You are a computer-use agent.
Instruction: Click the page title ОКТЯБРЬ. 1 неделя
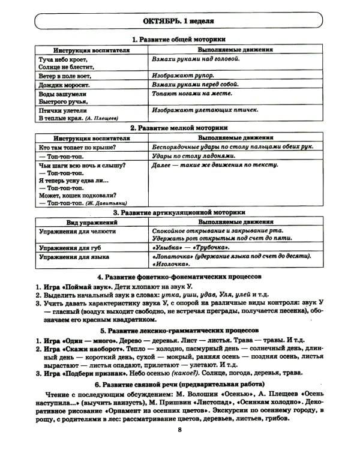pyautogui.click(x=178, y=21)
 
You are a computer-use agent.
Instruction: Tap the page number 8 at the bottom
pyautogui.click(x=179, y=429)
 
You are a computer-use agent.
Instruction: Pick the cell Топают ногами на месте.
pyautogui.click(x=192, y=95)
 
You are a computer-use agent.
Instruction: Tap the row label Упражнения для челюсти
pyautogui.click(x=77, y=231)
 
